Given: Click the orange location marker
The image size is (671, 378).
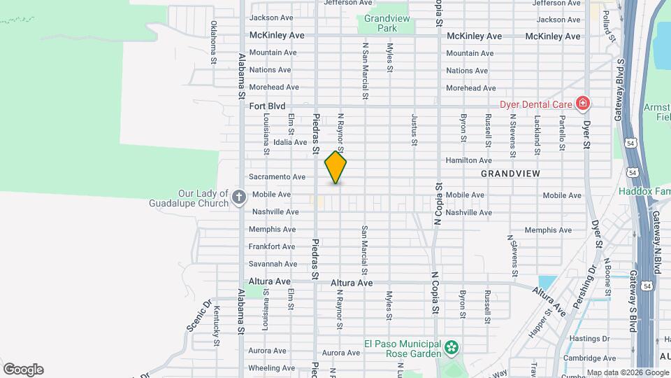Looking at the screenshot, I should click(x=336, y=167).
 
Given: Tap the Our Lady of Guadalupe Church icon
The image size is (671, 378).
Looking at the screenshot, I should click(x=238, y=197).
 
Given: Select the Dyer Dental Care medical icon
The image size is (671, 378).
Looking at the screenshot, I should click(x=582, y=104).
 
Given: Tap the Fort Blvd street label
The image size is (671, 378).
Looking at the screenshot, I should click(x=268, y=106).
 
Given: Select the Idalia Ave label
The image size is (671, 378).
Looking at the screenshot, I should click(x=290, y=142).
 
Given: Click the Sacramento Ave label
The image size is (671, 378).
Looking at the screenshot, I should click(x=277, y=177).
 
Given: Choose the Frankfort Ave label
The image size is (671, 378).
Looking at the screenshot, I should click(x=272, y=246).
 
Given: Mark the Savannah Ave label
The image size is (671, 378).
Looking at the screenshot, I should click(x=273, y=264).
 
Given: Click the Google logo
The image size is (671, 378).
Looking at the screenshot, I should click(x=23, y=370).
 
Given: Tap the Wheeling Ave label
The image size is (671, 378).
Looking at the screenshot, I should click(x=272, y=367).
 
